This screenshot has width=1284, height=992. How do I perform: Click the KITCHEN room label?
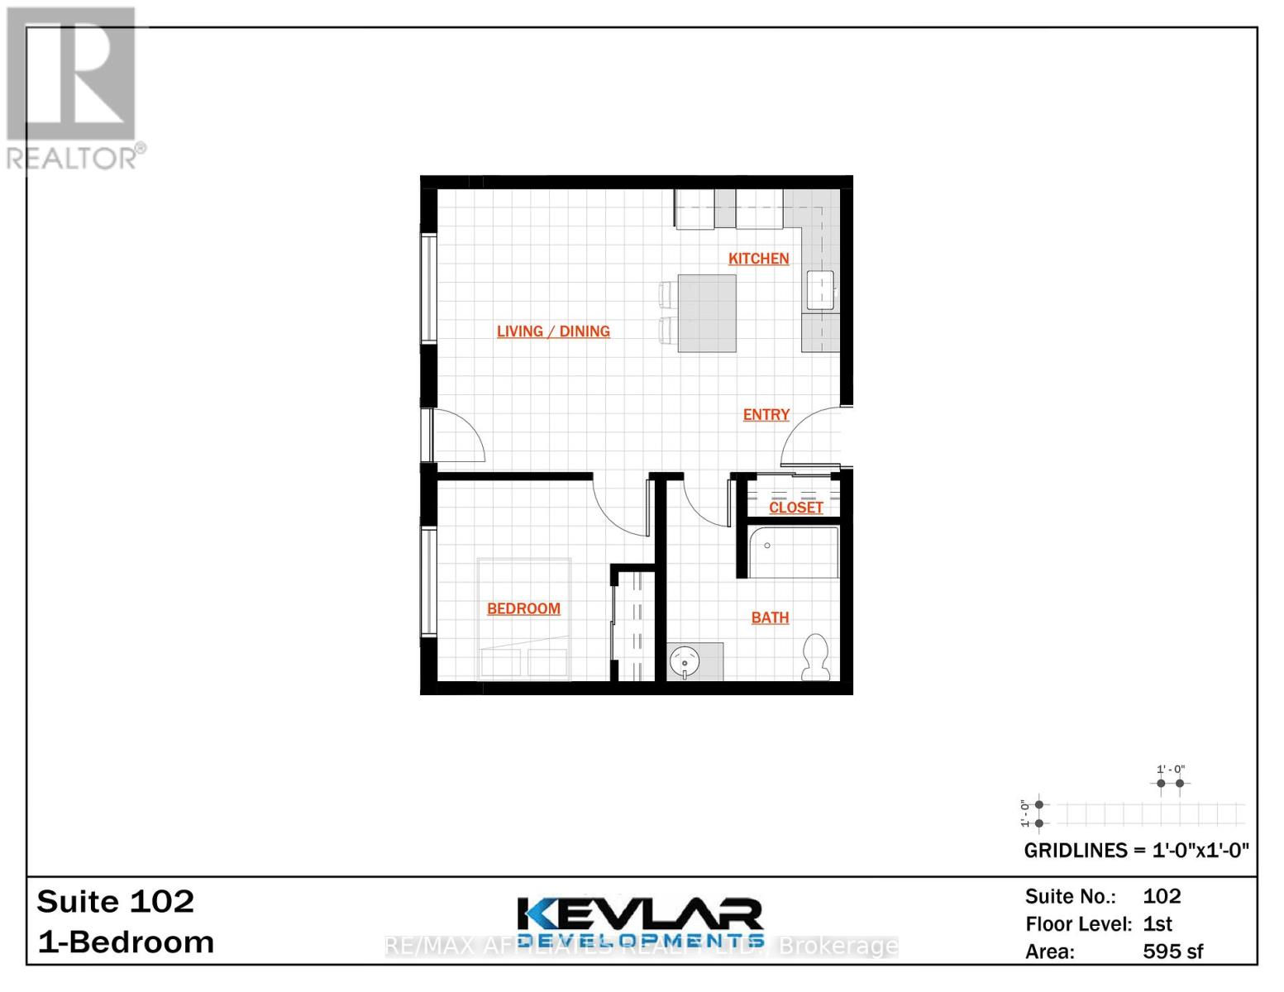758,259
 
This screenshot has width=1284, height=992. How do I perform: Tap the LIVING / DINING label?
553,331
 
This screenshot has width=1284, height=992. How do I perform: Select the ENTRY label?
766,415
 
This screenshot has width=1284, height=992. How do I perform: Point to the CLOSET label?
795,508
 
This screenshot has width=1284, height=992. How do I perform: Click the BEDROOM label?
523,609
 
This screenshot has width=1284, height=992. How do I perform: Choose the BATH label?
770,618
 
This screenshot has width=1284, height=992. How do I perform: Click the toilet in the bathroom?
817,658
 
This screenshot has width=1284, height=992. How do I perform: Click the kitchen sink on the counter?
820,290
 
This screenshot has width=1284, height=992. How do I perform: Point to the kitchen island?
707,313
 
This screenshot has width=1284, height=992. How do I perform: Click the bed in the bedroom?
524,620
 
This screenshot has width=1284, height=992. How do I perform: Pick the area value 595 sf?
1172,951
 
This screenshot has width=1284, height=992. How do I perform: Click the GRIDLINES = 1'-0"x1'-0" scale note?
1136,851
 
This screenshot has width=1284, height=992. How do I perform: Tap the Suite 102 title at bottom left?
116,901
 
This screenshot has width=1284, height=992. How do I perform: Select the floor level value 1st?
1158,924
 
